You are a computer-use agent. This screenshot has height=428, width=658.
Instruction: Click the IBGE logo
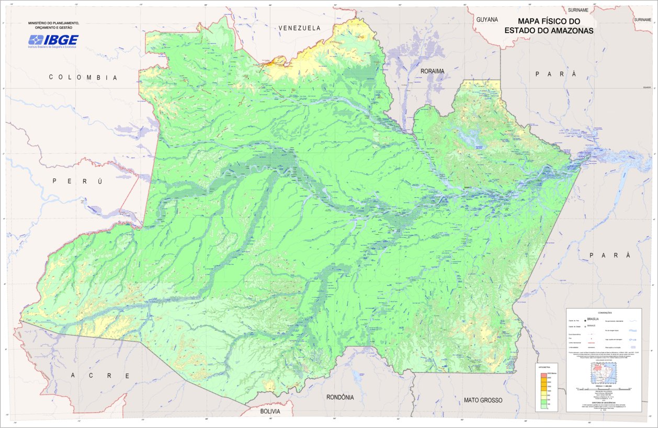tap(53, 41)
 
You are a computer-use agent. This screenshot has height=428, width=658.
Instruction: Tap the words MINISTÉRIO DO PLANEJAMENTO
tap(53, 23)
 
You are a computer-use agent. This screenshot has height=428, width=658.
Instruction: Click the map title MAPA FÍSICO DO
tap(549, 21)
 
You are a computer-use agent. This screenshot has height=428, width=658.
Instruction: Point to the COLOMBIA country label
tap(83, 77)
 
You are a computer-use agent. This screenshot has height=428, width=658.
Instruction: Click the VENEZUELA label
tap(299, 28)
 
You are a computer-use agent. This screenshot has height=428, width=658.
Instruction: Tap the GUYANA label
tap(487, 19)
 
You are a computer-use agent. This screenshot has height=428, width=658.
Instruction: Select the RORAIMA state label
tap(432, 71)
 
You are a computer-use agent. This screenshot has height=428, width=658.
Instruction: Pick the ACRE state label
tap(99, 376)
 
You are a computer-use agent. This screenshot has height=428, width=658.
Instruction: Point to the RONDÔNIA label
tap(339, 397)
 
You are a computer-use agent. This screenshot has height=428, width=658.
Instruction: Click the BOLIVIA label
tap(270, 412)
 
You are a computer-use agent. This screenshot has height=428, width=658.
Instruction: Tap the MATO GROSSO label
tap(483, 400)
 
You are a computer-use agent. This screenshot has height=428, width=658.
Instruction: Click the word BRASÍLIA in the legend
tap(593, 319)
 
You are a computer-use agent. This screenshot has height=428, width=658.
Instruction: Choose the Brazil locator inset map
tap(604, 375)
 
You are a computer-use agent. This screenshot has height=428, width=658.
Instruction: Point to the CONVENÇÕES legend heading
tap(604, 313)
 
